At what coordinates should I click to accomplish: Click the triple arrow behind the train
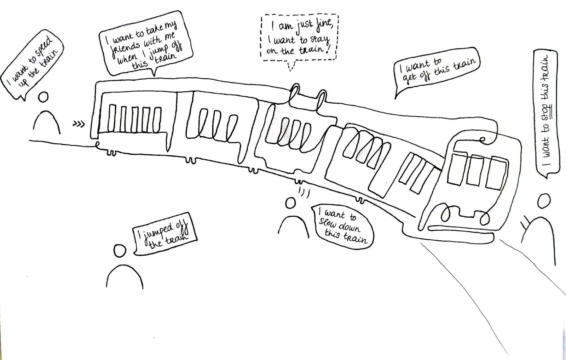(79, 124)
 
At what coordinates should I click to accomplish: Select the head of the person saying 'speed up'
(44, 97)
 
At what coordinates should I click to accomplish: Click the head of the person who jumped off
(120, 251)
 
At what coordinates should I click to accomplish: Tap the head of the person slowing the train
(290, 203)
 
